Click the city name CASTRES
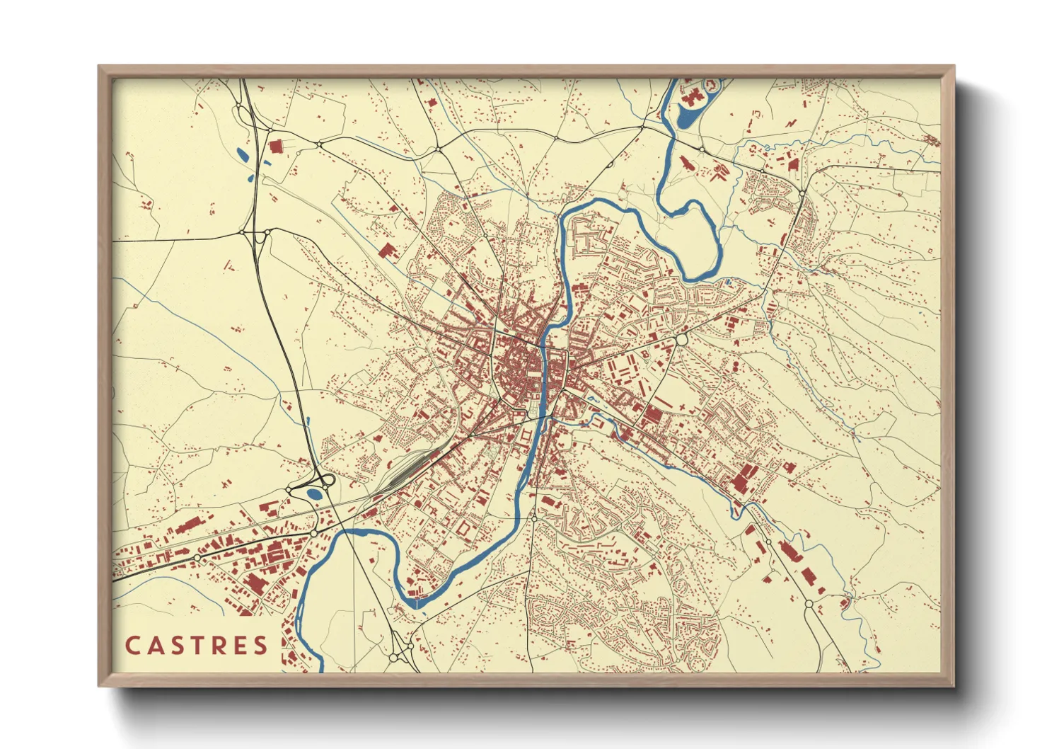(x=197, y=645)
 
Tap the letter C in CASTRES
(x=132, y=646)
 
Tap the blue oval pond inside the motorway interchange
(x=313, y=494)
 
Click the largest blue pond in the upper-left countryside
(x=242, y=154)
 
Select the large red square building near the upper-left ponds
(x=275, y=146)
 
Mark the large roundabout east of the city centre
(x=682, y=339)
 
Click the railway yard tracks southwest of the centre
(x=407, y=471)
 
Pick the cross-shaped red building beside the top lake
(x=693, y=97)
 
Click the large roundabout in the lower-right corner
(x=809, y=604)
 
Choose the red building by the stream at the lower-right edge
(x=845, y=602)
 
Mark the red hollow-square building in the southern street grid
(x=464, y=528)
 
